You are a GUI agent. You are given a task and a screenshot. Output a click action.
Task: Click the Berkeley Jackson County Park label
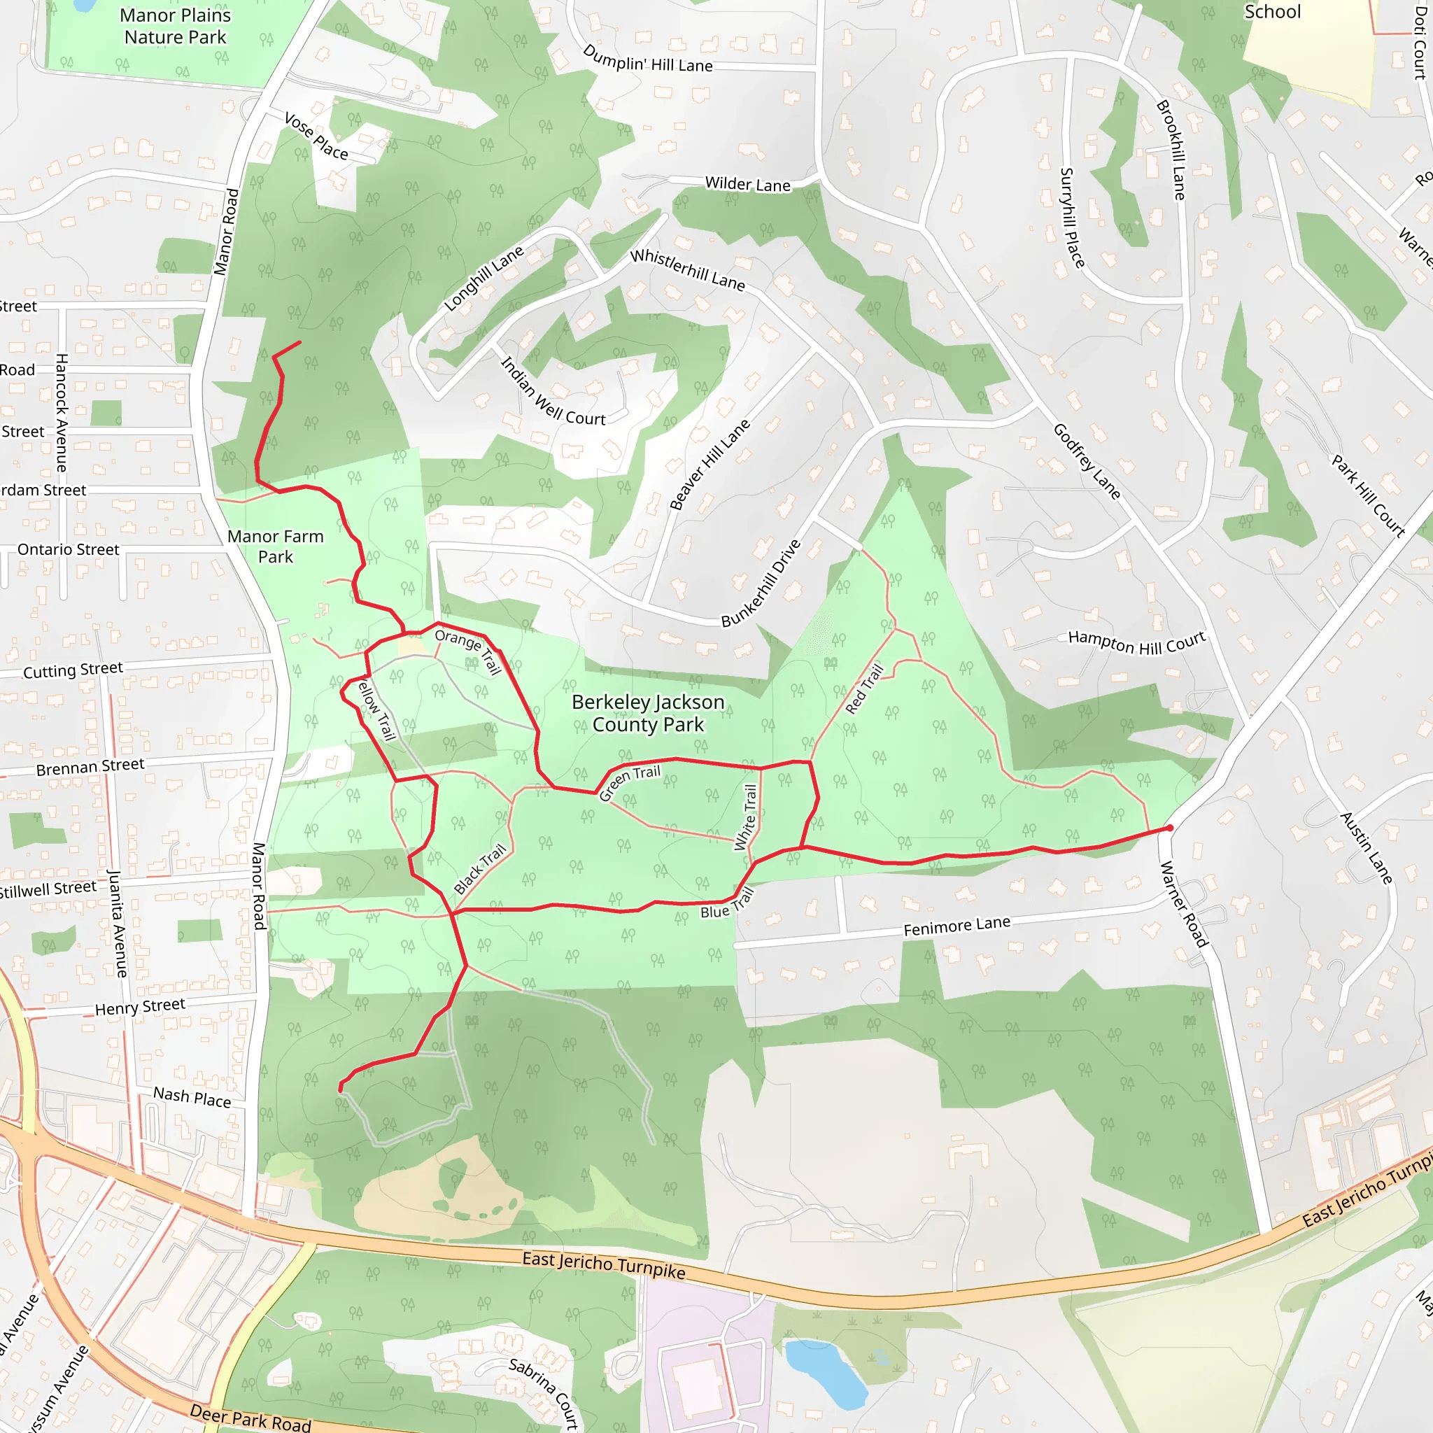pos(647,713)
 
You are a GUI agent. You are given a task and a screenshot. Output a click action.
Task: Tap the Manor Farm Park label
pos(275,546)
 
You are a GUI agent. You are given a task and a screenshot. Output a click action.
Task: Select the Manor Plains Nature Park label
pos(175,26)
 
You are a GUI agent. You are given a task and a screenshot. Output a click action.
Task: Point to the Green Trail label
pos(629,783)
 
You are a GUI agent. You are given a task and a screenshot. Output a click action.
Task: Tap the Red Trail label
pos(864,689)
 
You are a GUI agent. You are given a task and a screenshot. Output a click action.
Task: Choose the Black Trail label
pos(480,868)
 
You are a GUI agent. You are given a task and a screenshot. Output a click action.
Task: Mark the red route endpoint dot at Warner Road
pos(1170,828)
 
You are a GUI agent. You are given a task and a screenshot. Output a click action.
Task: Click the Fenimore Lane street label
pos(956,926)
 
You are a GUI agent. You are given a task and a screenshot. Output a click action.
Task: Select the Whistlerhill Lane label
pos(687,269)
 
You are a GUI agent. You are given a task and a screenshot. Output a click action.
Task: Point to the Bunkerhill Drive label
pos(762,583)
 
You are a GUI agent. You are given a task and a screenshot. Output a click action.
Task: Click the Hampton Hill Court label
pos(1136,642)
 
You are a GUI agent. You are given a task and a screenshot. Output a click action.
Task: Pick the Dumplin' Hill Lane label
pos(647,59)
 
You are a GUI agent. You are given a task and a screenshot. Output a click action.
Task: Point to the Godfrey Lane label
pos(1087,460)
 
